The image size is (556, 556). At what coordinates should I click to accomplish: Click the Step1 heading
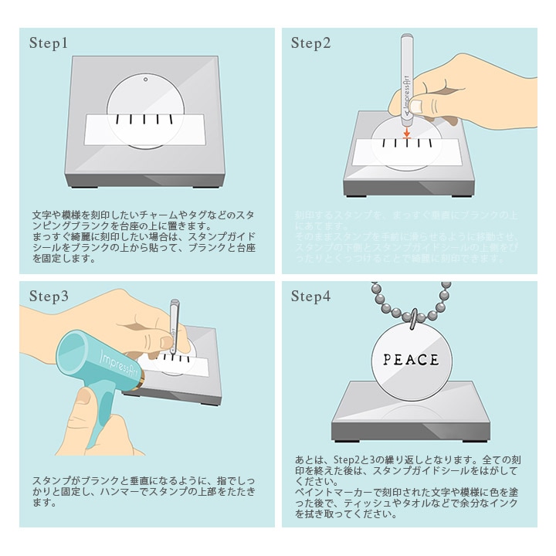point(49,43)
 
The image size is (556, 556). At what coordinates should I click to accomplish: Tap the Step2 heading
point(310,43)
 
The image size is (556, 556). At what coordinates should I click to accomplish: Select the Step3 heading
point(49,297)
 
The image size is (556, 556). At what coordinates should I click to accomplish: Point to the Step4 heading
point(310,297)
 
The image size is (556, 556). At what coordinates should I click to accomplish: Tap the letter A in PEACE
point(411,360)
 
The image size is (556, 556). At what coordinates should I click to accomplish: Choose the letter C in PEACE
point(422,360)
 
